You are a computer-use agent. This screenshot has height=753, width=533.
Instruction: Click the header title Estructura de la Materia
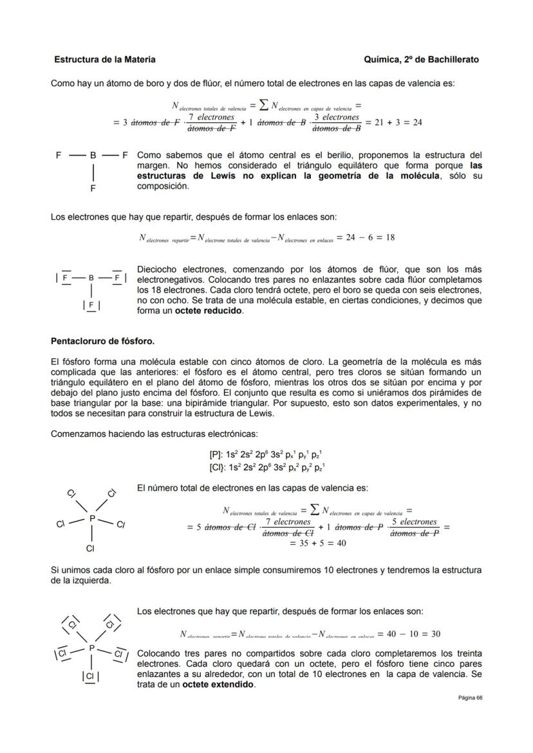pos(104,59)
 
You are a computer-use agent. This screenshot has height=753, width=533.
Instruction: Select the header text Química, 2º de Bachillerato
pos(421,59)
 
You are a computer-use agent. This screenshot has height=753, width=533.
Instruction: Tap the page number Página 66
pos(470,698)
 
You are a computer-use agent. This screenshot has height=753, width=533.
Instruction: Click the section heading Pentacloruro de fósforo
pos(102,340)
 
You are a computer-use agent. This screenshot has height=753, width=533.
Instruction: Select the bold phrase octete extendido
pos(218,684)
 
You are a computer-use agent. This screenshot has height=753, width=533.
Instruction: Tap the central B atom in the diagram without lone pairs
pos(93,155)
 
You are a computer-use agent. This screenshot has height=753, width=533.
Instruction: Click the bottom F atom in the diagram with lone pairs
pos(91,304)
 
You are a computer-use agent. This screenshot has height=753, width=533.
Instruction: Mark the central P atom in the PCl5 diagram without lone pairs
pos(92,518)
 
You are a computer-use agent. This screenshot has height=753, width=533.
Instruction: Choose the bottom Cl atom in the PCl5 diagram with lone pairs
pos(90,676)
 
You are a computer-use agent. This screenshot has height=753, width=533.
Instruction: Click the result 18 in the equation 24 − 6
pos(389,237)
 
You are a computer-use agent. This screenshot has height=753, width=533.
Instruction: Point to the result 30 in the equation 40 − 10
pos(435,634)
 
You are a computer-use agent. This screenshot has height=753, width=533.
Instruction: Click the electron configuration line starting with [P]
pos(265,455)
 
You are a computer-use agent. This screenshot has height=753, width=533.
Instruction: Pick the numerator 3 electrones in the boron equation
pos(336,118)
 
